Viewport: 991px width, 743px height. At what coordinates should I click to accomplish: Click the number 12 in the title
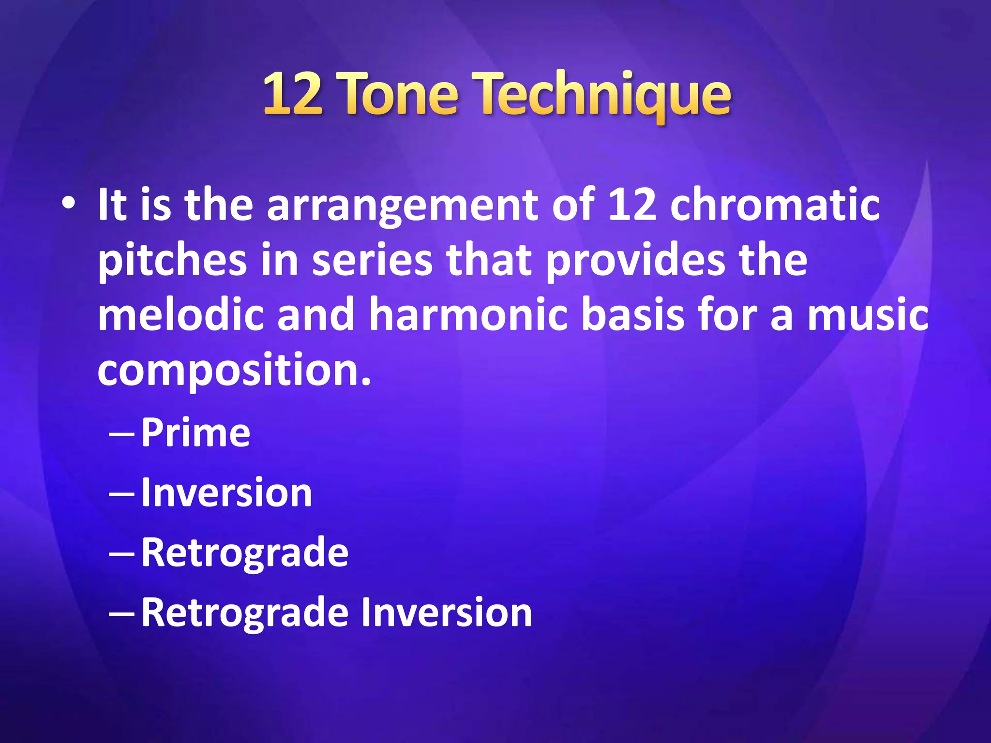(292, 94)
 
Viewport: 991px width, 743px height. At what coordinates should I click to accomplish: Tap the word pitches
(172, 262)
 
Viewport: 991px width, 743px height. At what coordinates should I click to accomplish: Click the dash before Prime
(122, 434)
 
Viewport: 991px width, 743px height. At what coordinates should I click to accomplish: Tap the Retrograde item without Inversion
(244, 552)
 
